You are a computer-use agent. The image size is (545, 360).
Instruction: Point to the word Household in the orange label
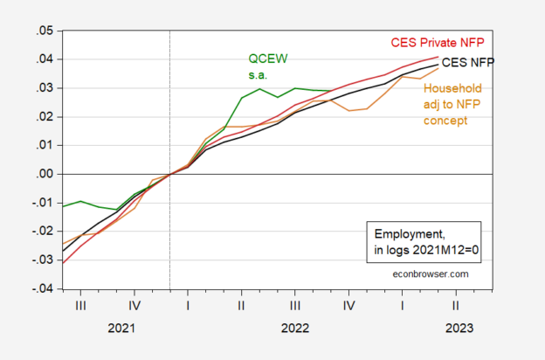click(x=452, y=87)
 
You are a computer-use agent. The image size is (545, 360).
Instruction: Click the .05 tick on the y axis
click(x=42, y=31)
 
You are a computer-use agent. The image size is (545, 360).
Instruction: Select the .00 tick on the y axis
click(x=42, y=174)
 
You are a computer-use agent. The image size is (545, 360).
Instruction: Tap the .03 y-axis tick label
click(x=42, y=88)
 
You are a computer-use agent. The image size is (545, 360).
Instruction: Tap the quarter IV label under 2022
click(x=348, y=306)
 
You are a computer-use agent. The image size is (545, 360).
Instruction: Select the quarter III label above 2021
click(x=80, y=306)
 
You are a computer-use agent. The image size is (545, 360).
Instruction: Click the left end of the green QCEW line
click(x=63, y=207)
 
